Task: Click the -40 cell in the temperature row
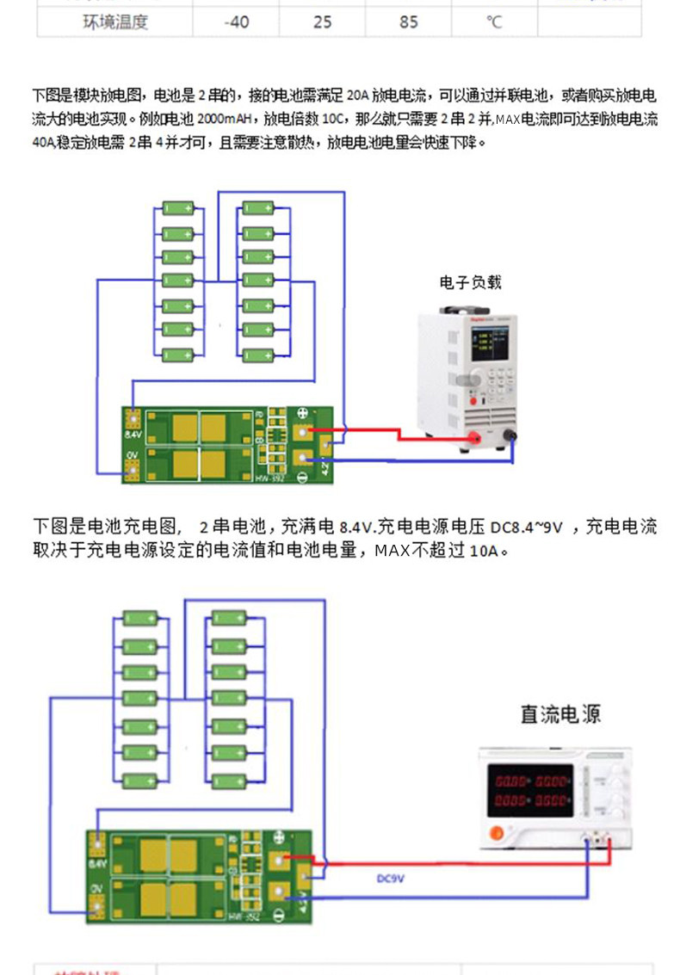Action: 236,22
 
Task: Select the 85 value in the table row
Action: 408,22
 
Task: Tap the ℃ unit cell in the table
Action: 493,22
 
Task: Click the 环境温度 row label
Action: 114,22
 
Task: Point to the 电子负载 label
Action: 470,282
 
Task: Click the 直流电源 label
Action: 560,713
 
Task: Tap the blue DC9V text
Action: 391,879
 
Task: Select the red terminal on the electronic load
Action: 473,439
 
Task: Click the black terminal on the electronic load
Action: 510,436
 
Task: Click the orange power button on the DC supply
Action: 496,833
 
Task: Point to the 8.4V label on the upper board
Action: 133,435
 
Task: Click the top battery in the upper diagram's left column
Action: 179,208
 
